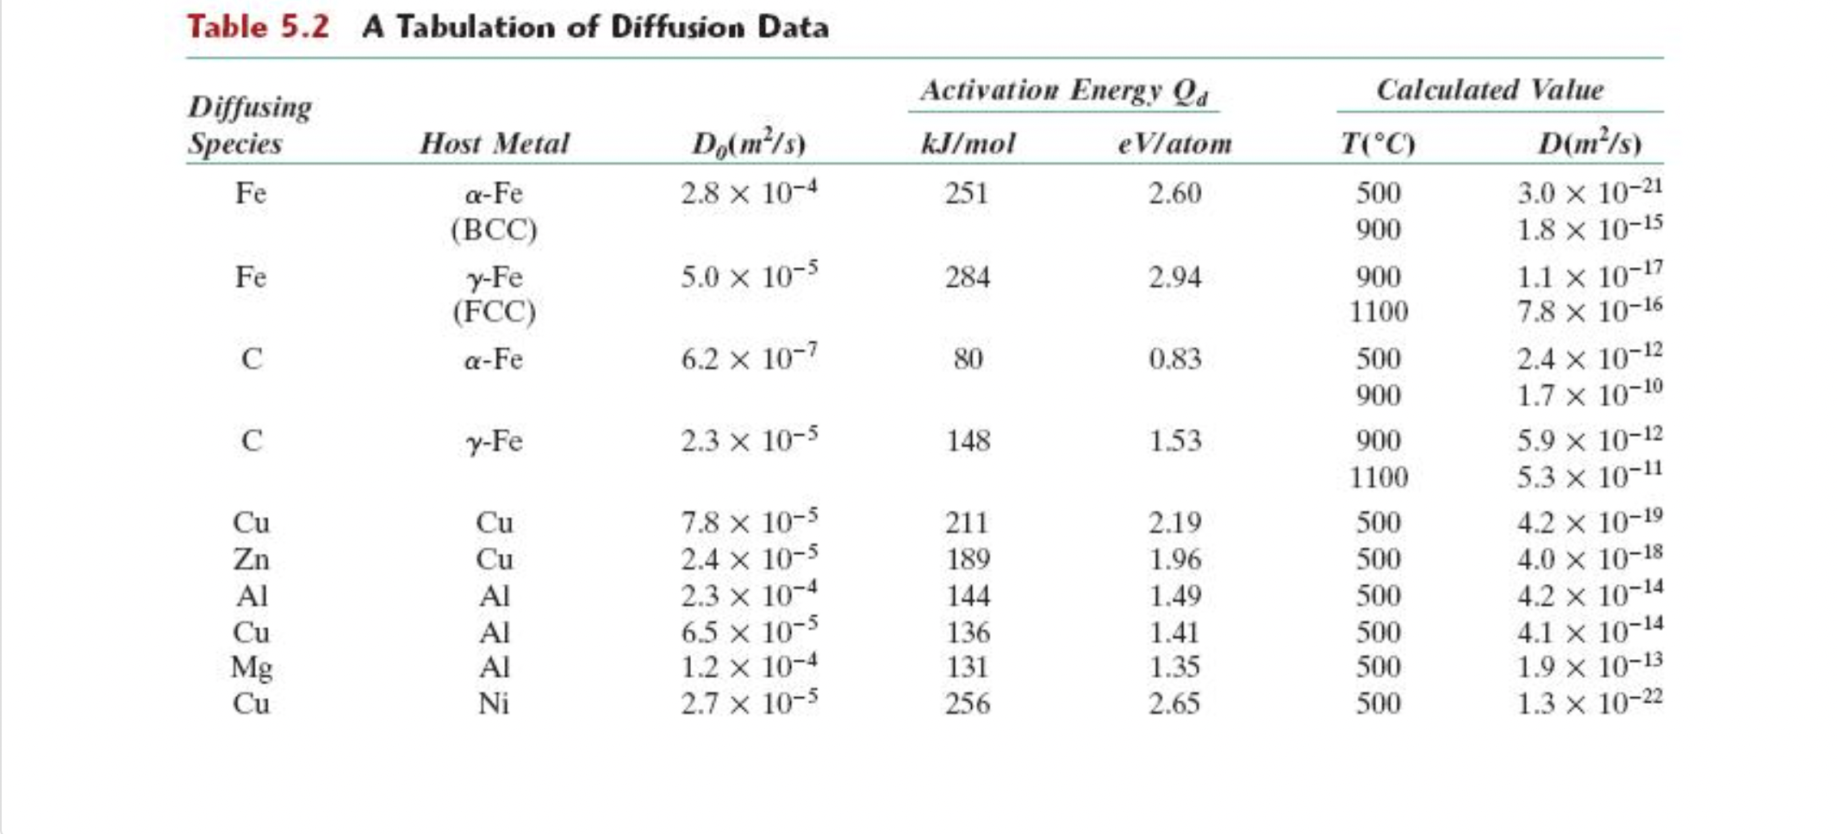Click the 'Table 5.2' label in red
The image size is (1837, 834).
pos(258,27)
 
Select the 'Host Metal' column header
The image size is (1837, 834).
pos(494,143)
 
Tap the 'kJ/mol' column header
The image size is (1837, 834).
pos(968,143)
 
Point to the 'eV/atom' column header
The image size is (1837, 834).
pos(1174,143)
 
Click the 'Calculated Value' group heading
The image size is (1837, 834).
pos(1490,90)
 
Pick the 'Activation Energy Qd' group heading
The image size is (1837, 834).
pos(1063,90)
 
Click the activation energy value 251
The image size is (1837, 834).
pos(966,192)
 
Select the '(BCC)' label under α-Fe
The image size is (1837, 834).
pos(494,229)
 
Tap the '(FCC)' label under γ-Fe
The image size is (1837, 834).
pos(494,311)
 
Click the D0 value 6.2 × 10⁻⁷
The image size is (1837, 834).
pos(748,358)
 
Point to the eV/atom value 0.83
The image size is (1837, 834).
pos(1174,358)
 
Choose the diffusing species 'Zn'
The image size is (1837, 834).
pos(251,559)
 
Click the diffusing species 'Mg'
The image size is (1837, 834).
pos(251,668)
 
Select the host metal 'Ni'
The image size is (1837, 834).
pos(494,704)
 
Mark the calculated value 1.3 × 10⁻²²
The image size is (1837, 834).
pos(1588,703)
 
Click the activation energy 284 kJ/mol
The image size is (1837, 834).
pos(967,277)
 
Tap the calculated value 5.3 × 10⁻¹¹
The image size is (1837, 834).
pos(1588,476)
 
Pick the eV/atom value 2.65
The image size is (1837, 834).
pos(1174,704)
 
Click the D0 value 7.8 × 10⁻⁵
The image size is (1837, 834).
pos(748,522)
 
